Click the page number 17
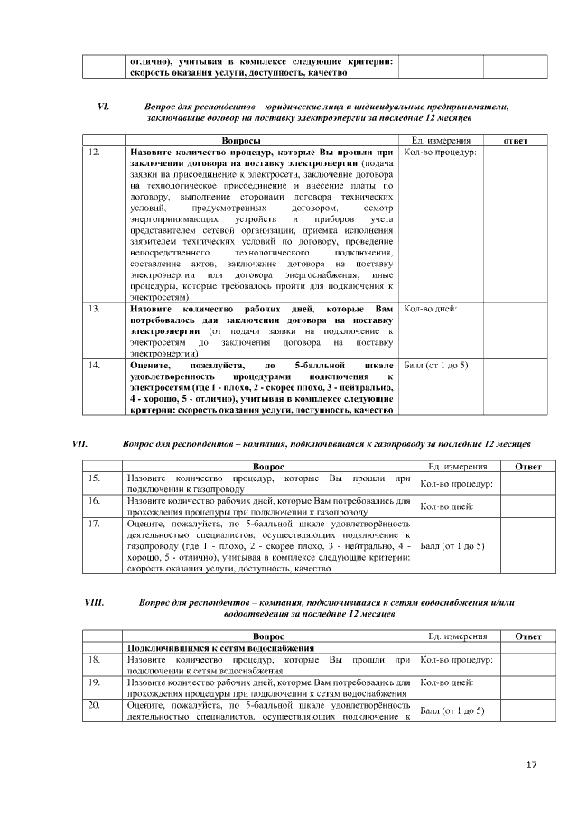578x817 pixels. (531, 766)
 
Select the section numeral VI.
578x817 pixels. (103, 107)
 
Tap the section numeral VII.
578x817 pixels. (79, 443)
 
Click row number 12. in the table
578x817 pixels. (95, 153)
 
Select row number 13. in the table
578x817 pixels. (95, 309)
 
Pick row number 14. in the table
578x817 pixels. (95, 364)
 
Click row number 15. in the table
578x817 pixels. (94, 478)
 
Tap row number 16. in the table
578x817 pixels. (94, 499)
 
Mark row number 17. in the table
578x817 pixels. (94, 522)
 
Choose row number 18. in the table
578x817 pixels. (94, 660)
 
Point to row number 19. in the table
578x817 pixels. (94, 682)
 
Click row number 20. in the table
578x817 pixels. (94, 704)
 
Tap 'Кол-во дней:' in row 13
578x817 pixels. (430, 309)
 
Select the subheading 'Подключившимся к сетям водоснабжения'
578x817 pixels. (220, 648)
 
